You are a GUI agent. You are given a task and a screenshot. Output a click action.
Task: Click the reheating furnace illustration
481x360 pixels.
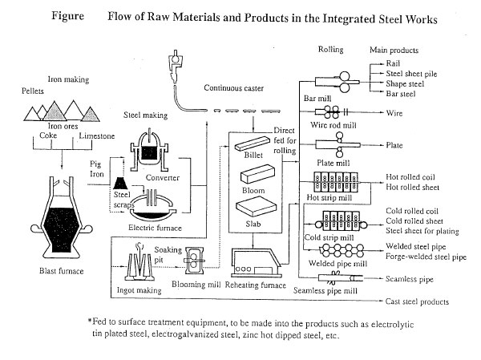pos(257,257)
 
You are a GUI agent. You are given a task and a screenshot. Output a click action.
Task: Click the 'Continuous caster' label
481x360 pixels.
pos(234,87)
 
